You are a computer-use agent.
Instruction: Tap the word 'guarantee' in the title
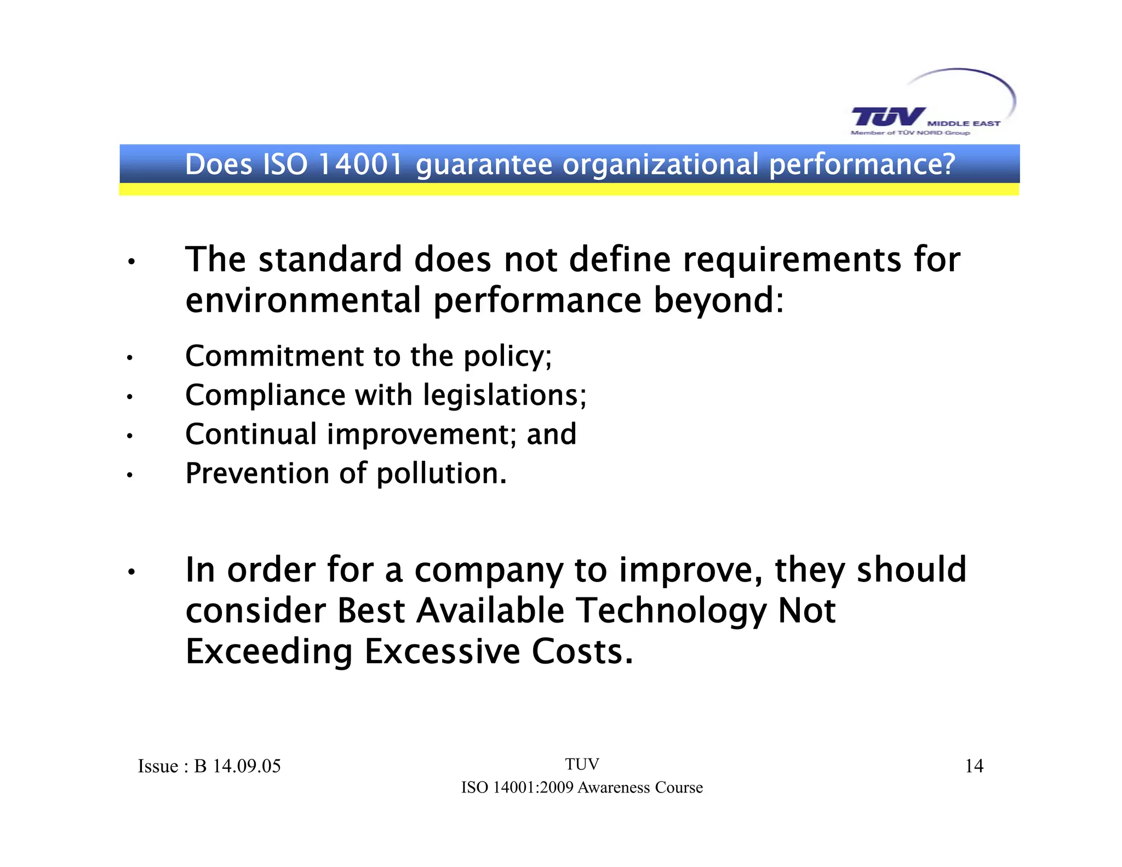pyautogui.click(x=484, y=166)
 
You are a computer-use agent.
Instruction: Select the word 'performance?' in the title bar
pyautogui.click(x=862, y=166)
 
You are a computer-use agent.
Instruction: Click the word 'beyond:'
pyautogui.click(x=718, y=301)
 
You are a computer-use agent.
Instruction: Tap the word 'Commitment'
pyautogui.click(x=274, y=356)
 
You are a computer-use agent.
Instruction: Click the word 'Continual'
pyautogui.click(x=251, y=434)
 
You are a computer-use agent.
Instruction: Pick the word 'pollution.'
pyautogui.click(x=442, y=474)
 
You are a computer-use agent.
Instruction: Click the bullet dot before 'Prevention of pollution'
pyautogui.click(x=130, y=475)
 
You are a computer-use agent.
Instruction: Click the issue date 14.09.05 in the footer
pyautogui.click(x=247, y=766)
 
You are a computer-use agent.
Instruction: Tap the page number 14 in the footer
pyautogui.click(x=974, y=766)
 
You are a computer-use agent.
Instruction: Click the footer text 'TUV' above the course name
pyautogui.click(x=582, y=765)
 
